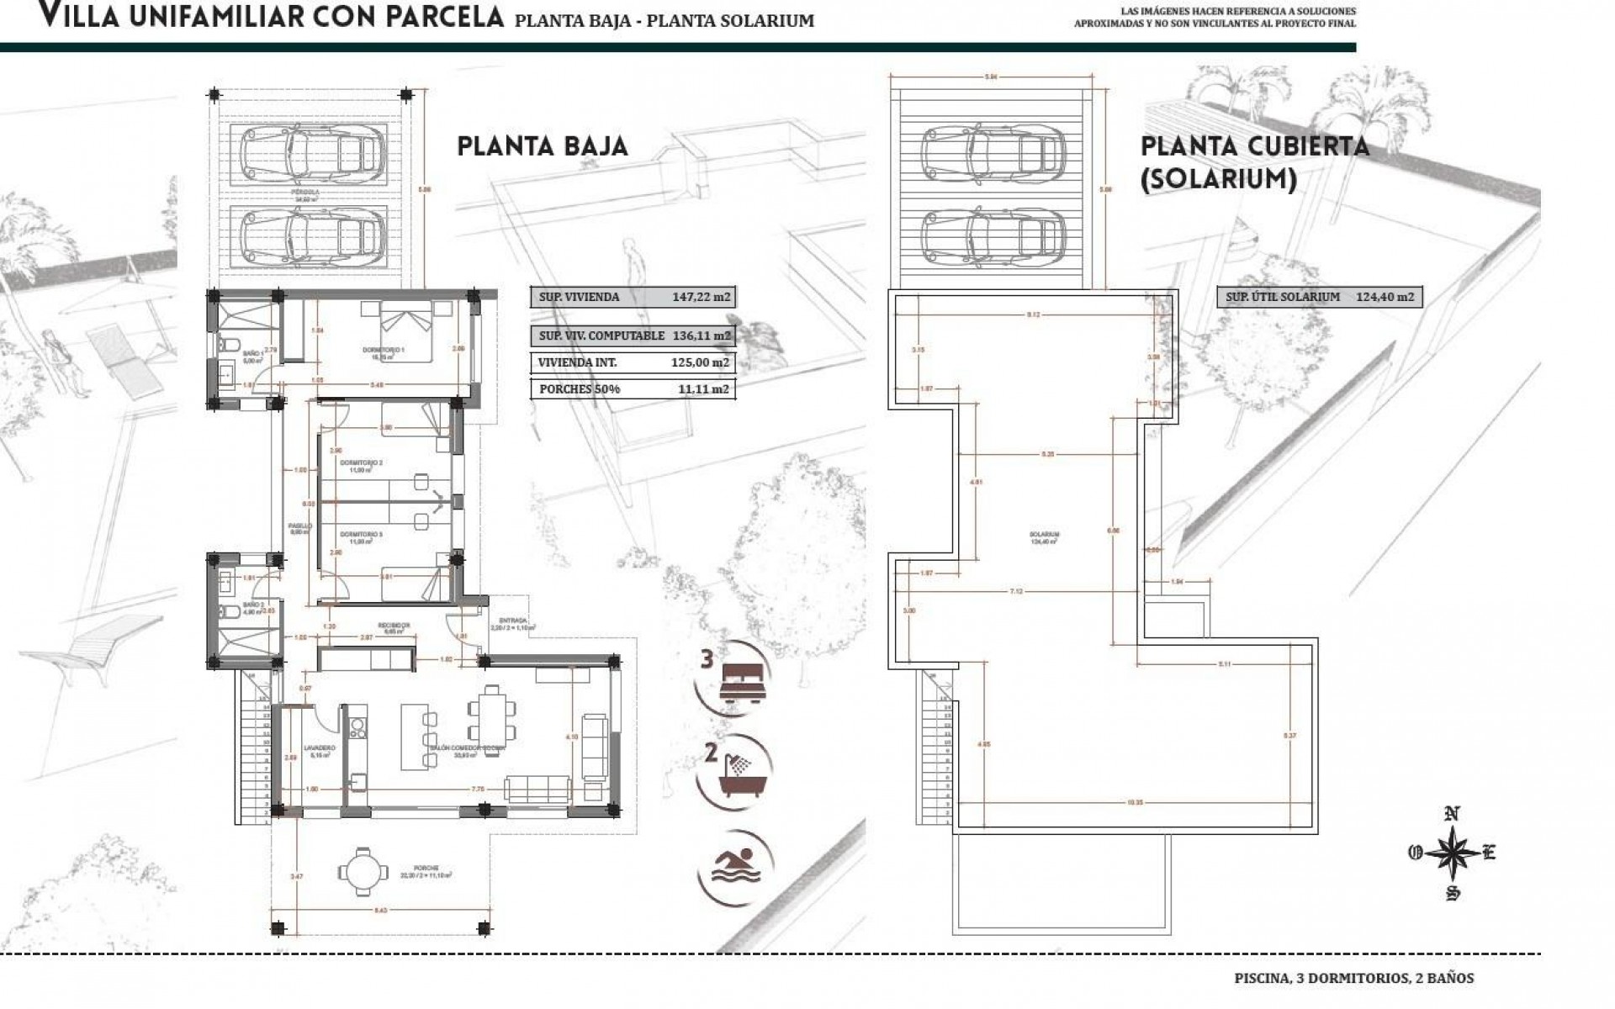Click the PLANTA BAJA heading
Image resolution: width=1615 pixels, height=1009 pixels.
click(x=543, y=146)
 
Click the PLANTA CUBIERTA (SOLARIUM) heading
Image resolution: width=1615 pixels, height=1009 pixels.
click(x=1253, y=161)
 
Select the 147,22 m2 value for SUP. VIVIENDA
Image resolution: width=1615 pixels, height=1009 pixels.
click(x=701, y=297)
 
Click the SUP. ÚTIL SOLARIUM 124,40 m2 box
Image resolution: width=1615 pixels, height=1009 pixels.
click(x=1319, y=297)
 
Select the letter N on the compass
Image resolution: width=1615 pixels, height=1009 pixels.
click(x=1452, y=814)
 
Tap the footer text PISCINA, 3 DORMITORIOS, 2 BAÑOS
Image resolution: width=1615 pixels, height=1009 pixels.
click(x=1353, y=978)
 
